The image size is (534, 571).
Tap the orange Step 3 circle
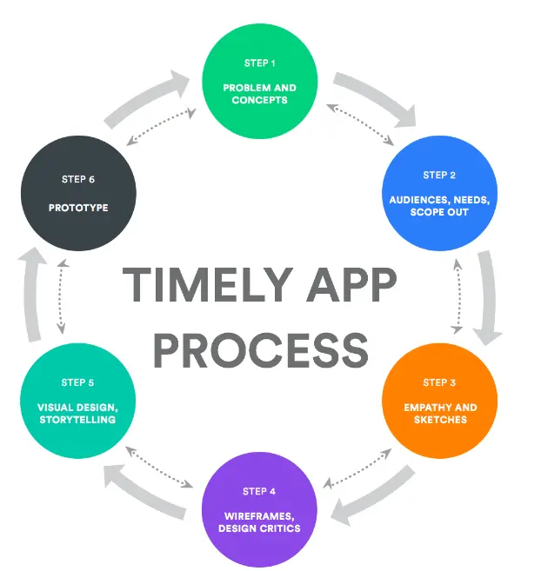tap(439, 401)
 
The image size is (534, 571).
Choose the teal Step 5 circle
tap(78, 401)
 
